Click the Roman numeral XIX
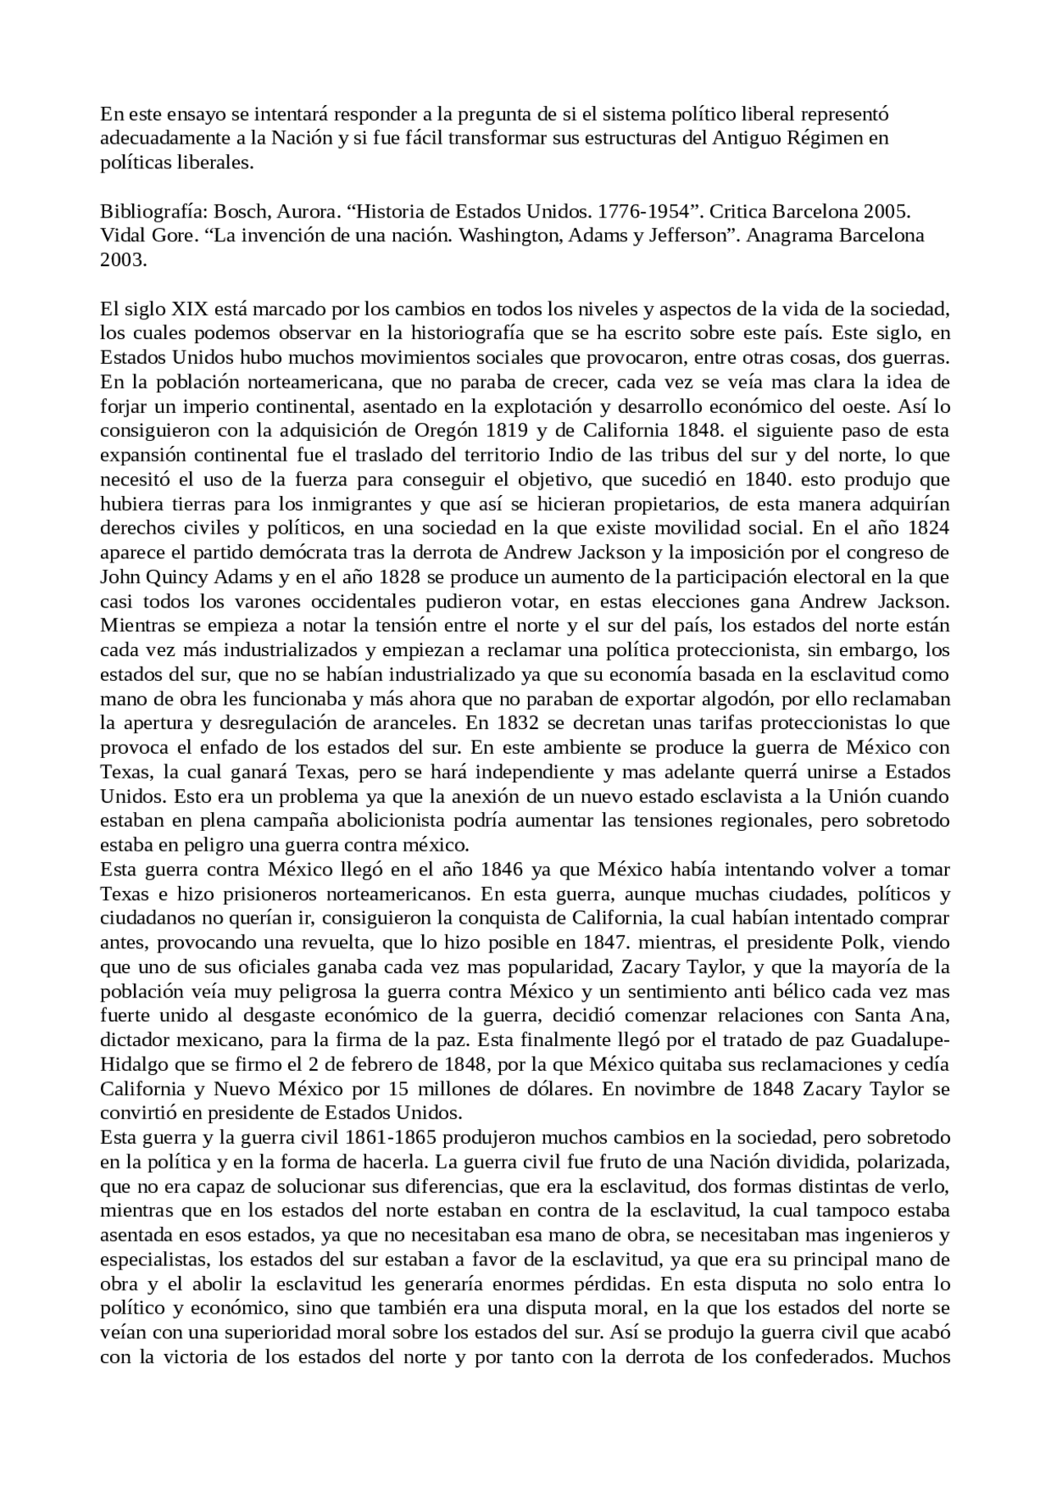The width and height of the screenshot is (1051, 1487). click(x=190, y=310)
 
